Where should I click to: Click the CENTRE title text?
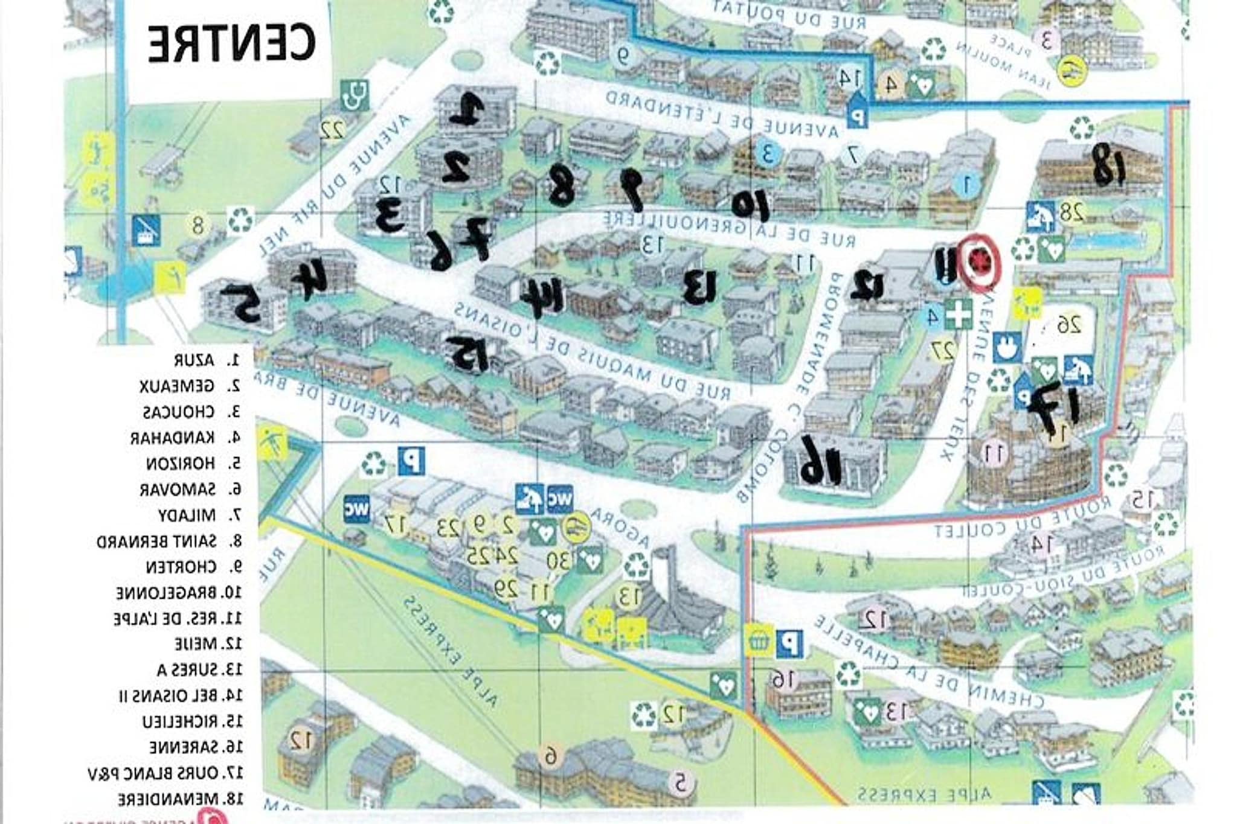pyautogui.click(x=231, y=43)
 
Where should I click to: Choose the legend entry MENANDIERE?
pyautogui.click(x=179, y=799)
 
